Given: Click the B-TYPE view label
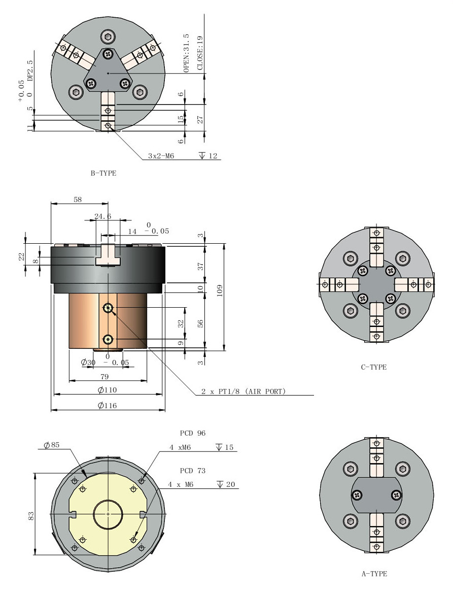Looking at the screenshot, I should (103, 173).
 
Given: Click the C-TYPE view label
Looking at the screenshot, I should (373, 367).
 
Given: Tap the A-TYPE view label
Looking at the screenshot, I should (374, 574).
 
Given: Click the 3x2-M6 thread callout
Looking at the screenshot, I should (161, 156).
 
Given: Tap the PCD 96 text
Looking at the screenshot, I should (193, 433).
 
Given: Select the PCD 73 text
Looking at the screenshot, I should (193, 471).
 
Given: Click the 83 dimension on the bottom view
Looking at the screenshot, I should (30, 515).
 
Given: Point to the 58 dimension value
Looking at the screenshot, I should (78, 200).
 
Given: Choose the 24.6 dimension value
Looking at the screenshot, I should (103, 216).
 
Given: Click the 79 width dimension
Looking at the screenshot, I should (105, 376).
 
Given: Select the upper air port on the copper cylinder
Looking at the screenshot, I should (108, 308).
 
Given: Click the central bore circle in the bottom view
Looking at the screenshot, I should (108, 514).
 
